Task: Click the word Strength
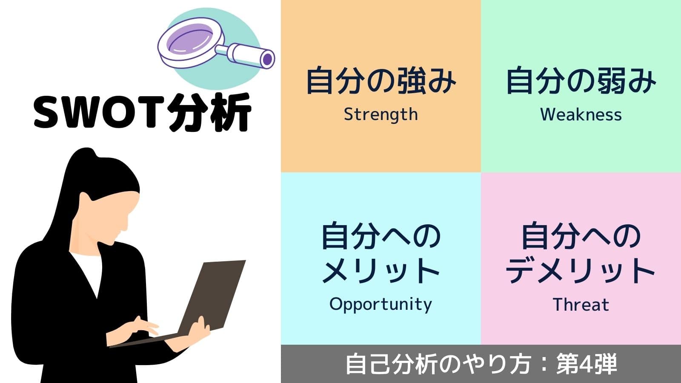tap(381, 115)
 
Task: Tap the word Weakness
tap(581, 115)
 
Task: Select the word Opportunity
tap(381, 305)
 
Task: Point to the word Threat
tap(581, 305)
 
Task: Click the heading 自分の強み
tap(381, 81)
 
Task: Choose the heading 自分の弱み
tap(581, 81)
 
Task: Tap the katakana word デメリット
tap(580, 271)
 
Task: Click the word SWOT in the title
tap(99, 112)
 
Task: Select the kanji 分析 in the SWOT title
tap(210, 112)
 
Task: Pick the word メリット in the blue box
tap(381, 271)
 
